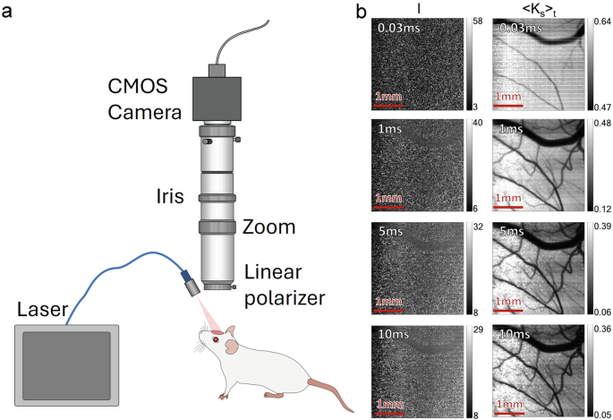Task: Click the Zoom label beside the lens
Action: [269, 227]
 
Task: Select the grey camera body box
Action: [217, 99]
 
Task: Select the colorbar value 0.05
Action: [603, 412]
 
